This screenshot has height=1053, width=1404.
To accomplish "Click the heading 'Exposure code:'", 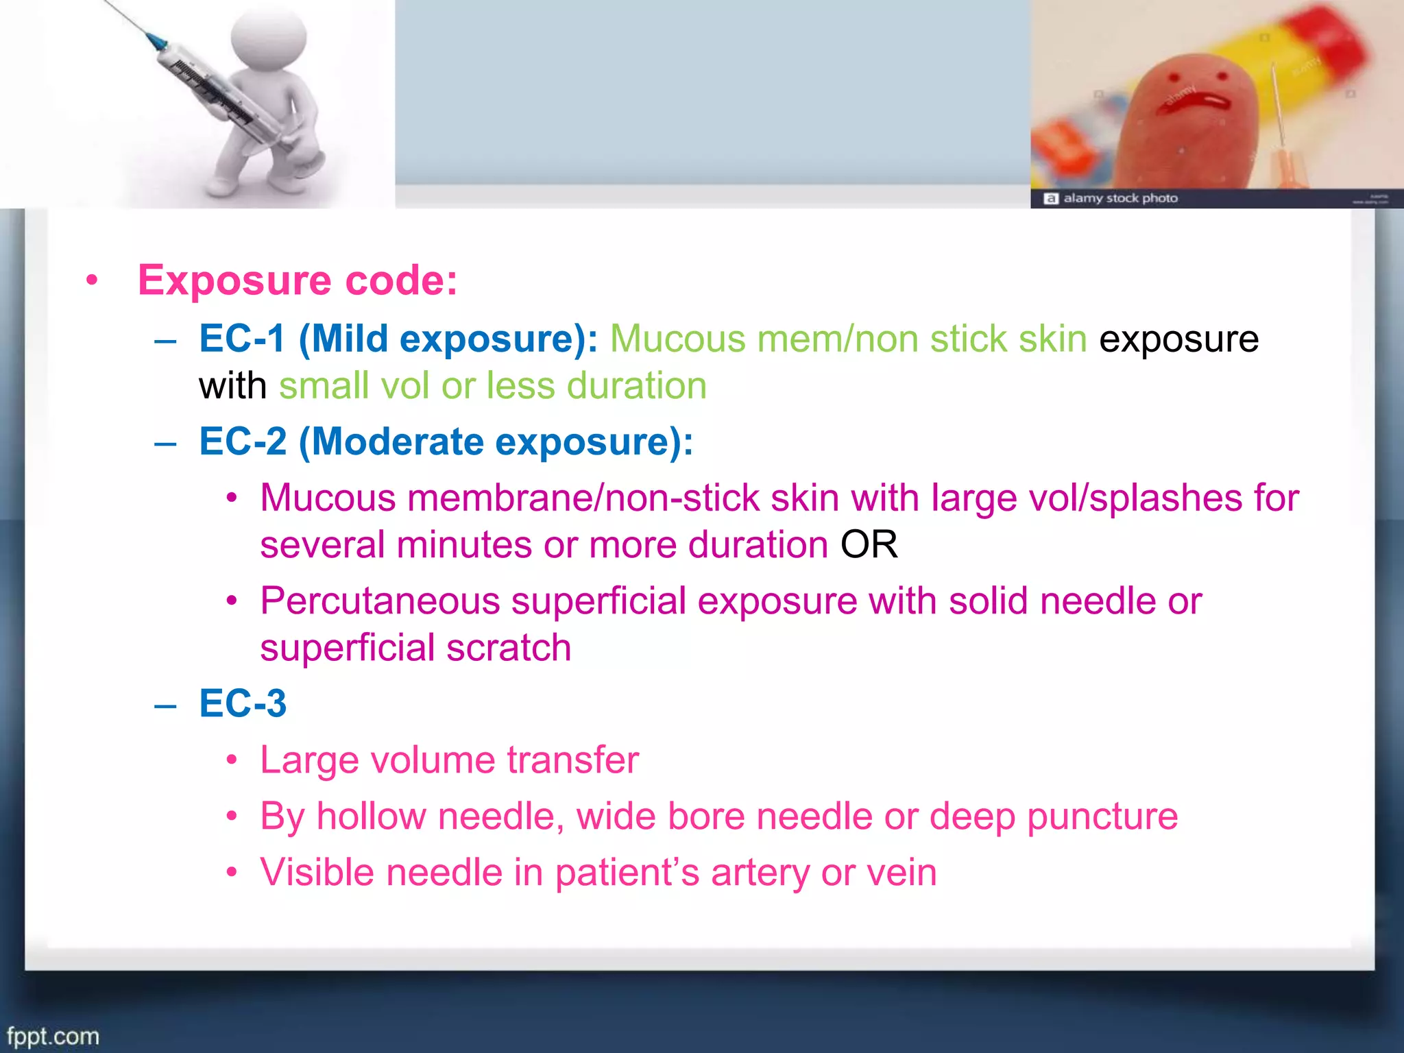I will (x=298, y=280).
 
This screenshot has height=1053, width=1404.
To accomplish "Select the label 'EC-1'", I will (x=242, y=339).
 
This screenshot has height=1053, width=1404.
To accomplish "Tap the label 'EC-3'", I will (x=243, y=703).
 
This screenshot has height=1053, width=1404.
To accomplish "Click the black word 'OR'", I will (x=869, y=545).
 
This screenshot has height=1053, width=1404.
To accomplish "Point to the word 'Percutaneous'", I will (x=380, y=601).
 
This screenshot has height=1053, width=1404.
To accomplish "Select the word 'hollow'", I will (x=371, y=816).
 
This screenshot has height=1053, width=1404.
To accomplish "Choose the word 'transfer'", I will (x=572, y=760).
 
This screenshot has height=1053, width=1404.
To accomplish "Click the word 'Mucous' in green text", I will (x=677, y=339).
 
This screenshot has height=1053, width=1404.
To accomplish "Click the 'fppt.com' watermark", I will (x=53, y=1036).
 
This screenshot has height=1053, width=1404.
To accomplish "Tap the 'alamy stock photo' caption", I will (x=1119, y=198).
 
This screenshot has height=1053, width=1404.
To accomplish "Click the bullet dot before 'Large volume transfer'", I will (x=232, y=760).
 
